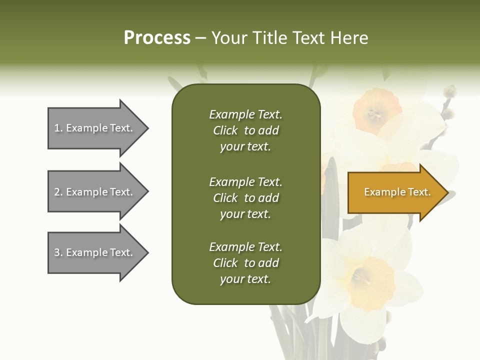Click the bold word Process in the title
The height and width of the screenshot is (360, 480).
point(157,38)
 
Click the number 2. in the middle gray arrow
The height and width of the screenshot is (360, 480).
point(58,192)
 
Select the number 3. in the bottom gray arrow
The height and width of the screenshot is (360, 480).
point(58,252)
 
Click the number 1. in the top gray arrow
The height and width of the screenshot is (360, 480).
point(58,128)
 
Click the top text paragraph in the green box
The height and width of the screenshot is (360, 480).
point(245,130)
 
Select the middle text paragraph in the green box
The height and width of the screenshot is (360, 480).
point(245,198)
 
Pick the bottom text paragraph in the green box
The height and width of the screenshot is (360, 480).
point(245,263)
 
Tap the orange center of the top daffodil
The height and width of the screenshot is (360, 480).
point(376,111)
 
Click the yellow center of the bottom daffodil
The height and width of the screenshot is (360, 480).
point(367,277)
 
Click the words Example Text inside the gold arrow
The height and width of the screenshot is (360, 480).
point(397,192)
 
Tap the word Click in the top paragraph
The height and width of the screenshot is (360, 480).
point(225,130)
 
